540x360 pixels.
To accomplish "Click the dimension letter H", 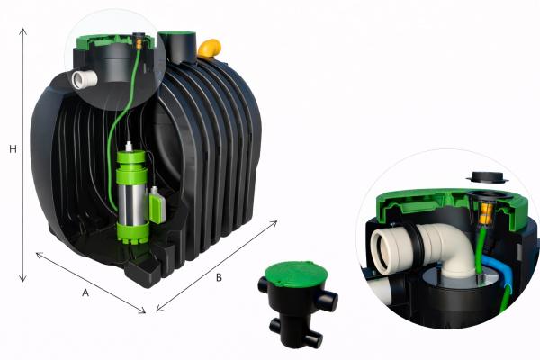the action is [x=13, y=149].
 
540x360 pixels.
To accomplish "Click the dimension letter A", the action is [x=85, y=292].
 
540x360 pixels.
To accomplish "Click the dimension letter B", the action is [x=219, y=277].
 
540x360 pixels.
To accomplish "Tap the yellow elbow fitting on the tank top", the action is [x=210, y=49].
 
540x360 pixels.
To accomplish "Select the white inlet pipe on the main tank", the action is [x=85, y=79].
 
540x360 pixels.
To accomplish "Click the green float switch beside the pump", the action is [x=157, y=205].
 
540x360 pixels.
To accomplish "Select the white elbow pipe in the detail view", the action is [x=441, y=247].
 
